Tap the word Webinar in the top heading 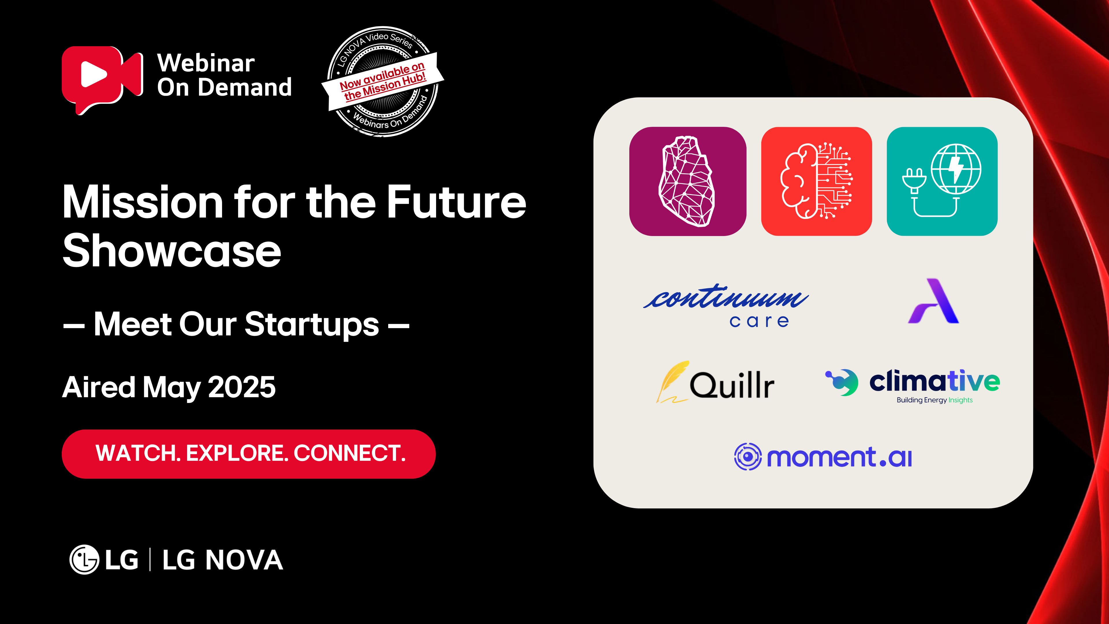click(206, 63)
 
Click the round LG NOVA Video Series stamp click(383, 81)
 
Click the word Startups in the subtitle click(312, 325)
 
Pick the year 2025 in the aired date click(241, 387)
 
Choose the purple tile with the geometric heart click(688, 181)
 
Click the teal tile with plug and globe click(942, 181)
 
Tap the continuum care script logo click(726, 306)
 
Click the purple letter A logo click(933, 301)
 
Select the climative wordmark click(934, 381)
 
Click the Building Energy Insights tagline click(935, 400)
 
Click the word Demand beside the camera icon click(245, 88)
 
